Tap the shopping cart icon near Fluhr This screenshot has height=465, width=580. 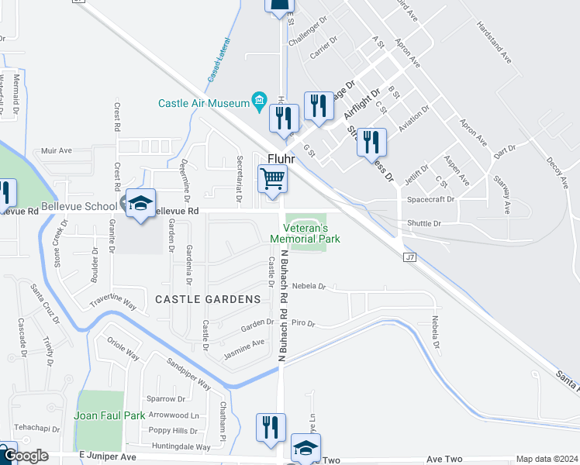point(272,178)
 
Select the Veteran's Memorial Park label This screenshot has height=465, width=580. point(305,233)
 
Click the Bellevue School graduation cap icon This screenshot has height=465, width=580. point(140,203)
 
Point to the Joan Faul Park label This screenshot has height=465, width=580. point(109,415)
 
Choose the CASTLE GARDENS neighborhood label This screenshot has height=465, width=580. point(208,299)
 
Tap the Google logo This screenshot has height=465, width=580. point(25,456)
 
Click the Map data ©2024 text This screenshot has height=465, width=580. point(547,459)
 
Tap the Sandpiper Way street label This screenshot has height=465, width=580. point(189,374)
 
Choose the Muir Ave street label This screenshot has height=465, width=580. point(57,150)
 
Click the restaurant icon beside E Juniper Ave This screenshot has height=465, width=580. point(271,428)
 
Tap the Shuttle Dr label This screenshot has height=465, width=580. point(424,224)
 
